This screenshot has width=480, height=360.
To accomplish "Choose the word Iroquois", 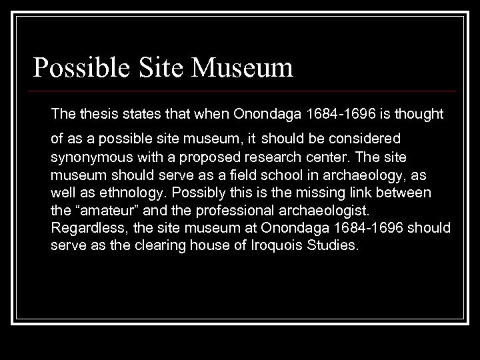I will [286, 245].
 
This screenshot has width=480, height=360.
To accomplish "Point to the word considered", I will [366, 139].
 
